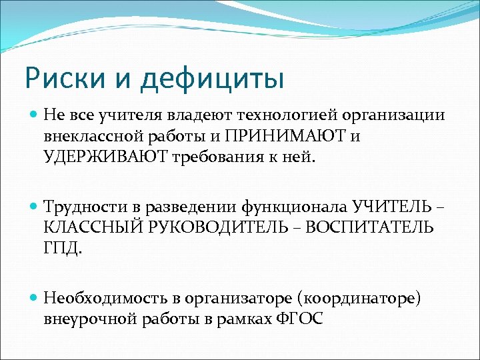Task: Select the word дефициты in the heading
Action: tap(211, 79)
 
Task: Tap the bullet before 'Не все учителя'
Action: tap(35, 115)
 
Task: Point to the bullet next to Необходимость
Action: tap(35, 299)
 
